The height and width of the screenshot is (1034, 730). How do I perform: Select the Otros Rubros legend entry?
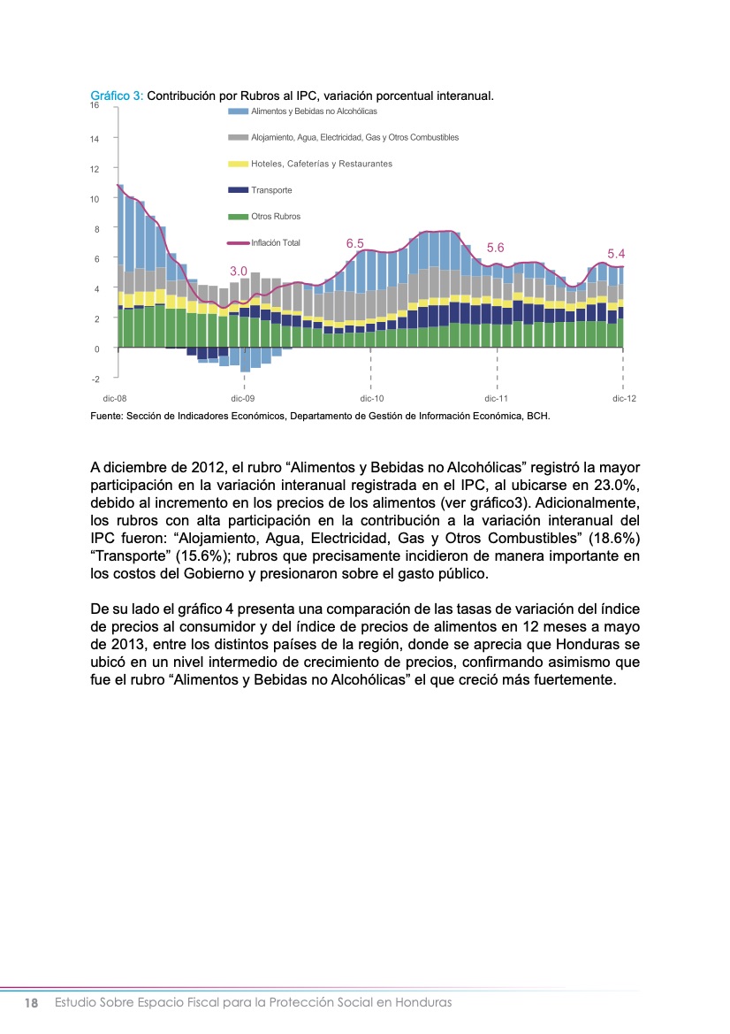(276, 217)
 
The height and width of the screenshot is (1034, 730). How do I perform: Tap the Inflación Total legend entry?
(276, 242)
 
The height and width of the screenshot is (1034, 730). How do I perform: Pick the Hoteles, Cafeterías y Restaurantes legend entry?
(322, 164)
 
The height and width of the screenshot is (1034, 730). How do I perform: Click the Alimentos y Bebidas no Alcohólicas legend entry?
(314, 111)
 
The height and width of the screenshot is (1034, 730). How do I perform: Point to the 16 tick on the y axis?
(94, 105)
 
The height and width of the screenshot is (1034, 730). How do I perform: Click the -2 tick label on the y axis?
(95, 379)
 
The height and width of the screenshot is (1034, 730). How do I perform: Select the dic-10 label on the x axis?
(372, 399)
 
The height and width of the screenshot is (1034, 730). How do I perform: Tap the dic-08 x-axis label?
(115, 399)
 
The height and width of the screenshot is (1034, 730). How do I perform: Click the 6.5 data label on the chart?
(355, 242)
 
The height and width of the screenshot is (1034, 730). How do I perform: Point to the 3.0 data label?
(238, 271)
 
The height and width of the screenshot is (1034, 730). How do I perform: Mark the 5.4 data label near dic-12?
(616, 254)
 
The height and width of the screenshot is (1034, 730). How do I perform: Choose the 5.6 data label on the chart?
(495, 248)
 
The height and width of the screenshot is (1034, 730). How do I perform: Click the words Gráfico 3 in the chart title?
(117, 96)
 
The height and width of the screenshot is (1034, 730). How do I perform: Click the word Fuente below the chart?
(109, 415)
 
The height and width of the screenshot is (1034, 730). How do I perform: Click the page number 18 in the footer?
(32, 1003)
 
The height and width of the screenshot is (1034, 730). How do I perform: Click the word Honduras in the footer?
(423, 1003)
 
